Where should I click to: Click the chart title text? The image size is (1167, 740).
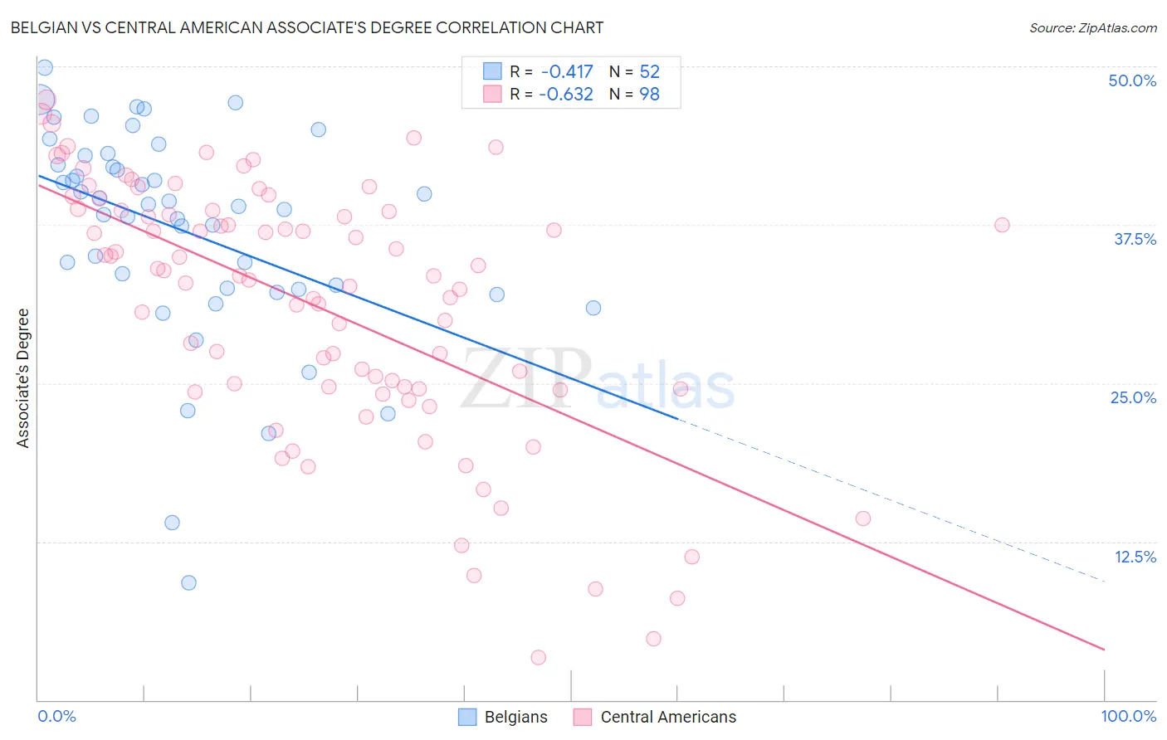point(307,27)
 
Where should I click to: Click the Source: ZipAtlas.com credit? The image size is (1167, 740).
point(1092,27)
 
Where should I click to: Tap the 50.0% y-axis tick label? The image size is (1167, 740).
point(1132,80)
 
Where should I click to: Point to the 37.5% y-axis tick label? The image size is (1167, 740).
point(1135,239)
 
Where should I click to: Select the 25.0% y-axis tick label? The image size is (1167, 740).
point(1133,397)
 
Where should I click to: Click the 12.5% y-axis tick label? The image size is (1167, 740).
point(1135,557)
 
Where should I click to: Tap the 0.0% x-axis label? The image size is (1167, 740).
point(56,716)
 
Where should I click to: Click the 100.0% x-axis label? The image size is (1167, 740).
point(1128,716)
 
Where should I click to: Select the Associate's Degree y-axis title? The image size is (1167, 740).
point(23,378)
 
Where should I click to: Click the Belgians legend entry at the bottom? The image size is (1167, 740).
point(503,717)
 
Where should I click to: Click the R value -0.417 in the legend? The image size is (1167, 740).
point(566,72)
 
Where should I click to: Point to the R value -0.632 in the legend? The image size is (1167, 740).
point(566,95)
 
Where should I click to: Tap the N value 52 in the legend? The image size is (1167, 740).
point(649,72)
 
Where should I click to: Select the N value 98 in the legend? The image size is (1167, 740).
point(649,95)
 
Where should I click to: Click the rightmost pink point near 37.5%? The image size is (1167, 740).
point(1002,225)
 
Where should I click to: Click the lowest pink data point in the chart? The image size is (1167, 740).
point(538,657)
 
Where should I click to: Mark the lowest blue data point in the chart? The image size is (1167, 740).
point(188,582)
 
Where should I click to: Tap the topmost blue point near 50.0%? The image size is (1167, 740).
point(45,68)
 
